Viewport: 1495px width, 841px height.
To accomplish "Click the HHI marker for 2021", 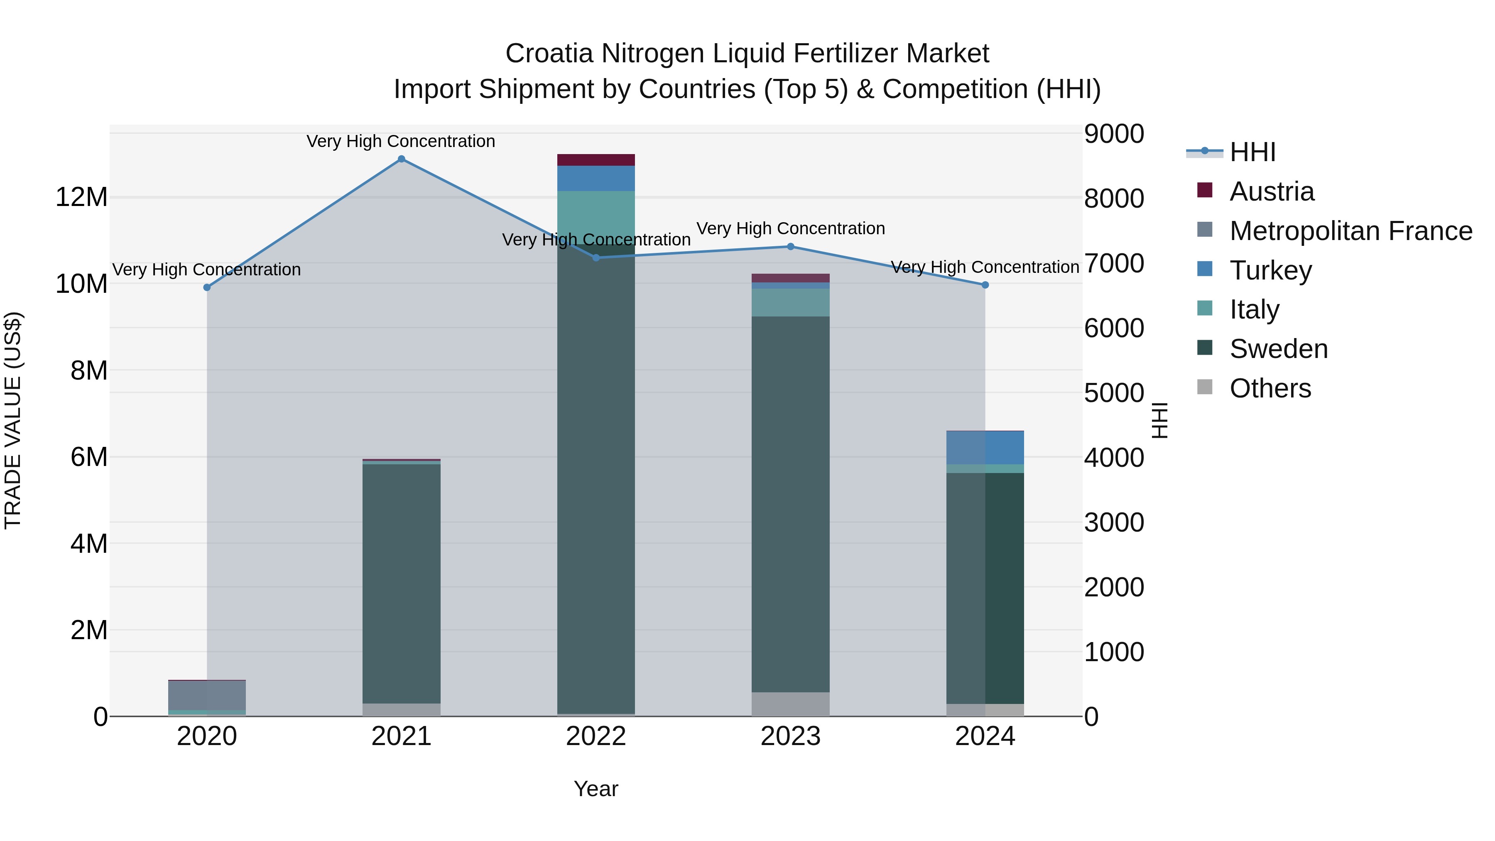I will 401,159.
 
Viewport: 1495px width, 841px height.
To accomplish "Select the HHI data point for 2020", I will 207,287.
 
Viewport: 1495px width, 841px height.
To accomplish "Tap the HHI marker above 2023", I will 790,247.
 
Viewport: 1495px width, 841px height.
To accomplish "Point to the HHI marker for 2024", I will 985,285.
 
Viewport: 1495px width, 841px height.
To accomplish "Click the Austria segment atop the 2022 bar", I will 596,160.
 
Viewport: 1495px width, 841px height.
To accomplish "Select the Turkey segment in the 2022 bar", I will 596,179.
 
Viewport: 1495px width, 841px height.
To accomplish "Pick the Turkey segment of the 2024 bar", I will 985,447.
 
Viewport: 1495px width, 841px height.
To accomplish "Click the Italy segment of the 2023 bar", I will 790,302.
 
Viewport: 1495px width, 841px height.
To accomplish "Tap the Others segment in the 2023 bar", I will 790,704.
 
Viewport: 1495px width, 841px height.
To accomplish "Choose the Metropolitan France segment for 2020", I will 207,695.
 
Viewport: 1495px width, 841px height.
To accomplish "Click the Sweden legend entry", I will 1279,349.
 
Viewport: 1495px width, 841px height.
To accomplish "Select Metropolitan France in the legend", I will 1350,231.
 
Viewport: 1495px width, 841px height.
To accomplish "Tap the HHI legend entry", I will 1252,152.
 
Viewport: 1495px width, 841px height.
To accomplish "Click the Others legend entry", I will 1270,388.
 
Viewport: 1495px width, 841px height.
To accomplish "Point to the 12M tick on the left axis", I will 81,197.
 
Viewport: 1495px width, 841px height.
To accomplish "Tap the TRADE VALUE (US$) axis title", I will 13,420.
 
